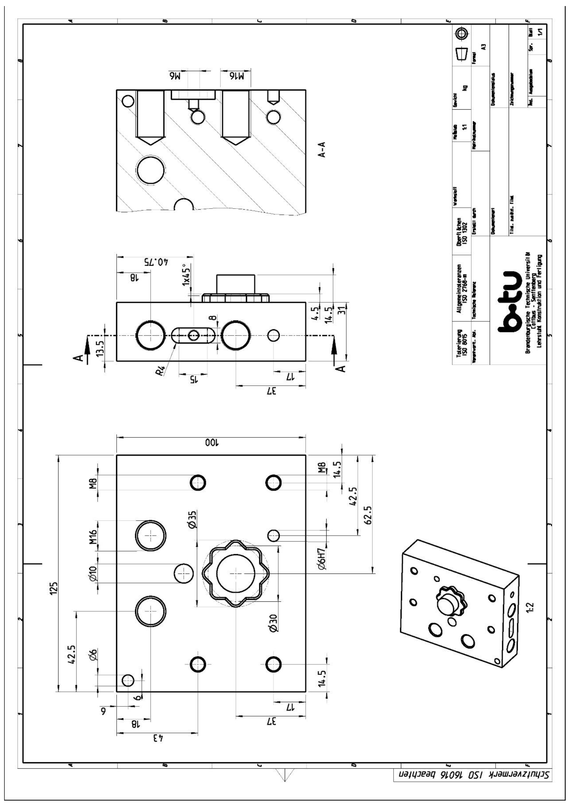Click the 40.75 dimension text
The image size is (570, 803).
point(158,263)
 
